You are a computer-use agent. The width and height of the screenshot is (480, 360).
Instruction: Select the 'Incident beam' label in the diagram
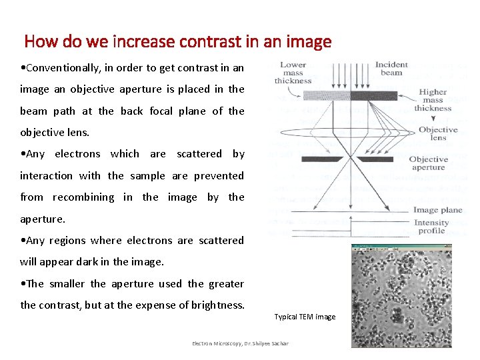(x=391, y=69)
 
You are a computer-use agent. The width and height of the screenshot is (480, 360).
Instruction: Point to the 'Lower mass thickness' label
(x=293, y=73)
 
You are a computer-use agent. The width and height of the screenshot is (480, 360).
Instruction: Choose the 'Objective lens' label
(x=438, y=133)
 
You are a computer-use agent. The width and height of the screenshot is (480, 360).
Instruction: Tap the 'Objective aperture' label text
(x=428, y=163)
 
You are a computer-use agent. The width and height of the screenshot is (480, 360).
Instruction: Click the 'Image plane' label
(x=437, y=210)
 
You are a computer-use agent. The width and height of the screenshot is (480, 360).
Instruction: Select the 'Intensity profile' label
(x=431, y=227)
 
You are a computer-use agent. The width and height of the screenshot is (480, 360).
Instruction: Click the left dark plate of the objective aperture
(x=319, y=159)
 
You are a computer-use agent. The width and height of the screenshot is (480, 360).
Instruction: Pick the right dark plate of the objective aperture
(x=375, y=159)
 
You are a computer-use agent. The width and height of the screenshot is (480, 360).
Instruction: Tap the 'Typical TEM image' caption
(x=305, y=317)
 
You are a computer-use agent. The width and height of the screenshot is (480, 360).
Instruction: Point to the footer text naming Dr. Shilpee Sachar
(x=240, y=343)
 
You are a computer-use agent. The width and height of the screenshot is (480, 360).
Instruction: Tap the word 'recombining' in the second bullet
(x=83, y=197)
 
